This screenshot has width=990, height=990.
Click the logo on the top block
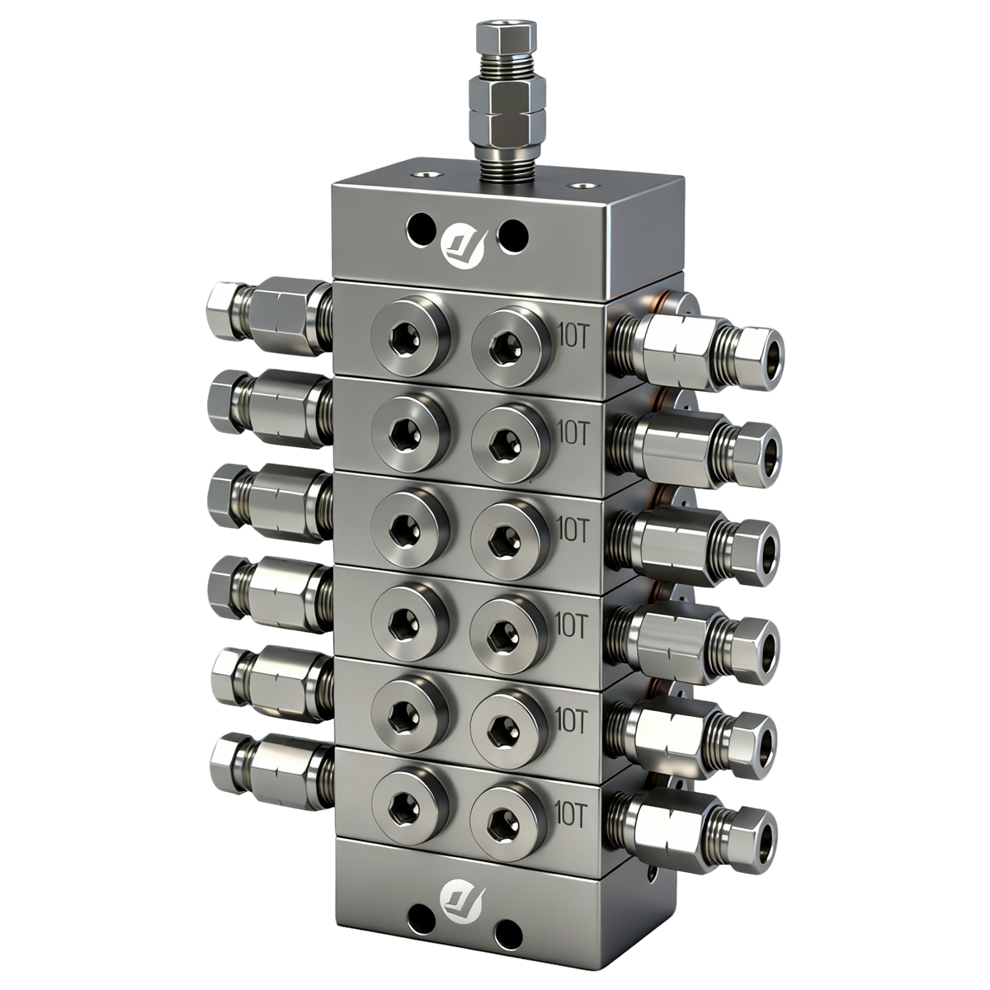[464, 240]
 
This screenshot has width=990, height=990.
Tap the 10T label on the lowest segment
[572, 814]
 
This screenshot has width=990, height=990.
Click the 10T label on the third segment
[573, 527]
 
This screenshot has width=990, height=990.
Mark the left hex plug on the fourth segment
[410, 620]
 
